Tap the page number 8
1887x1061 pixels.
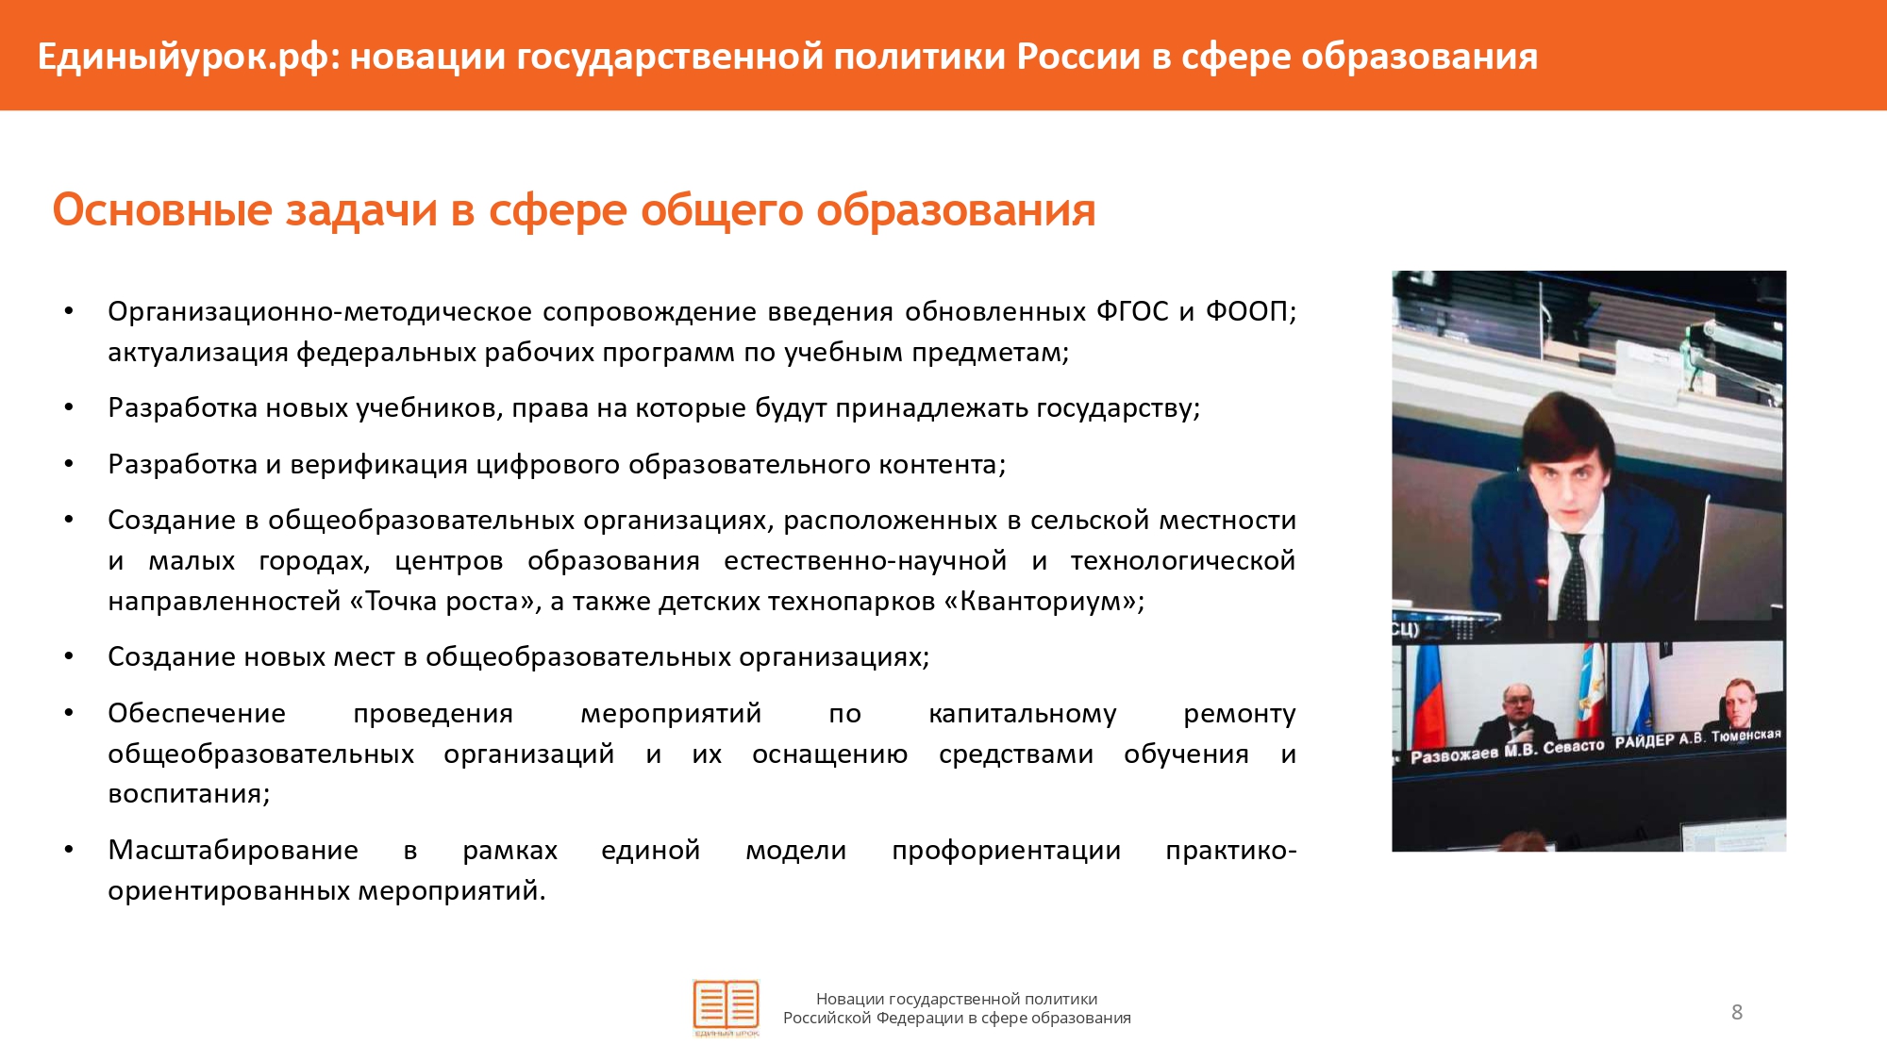coord(1737,1012)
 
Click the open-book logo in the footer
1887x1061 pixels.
coord(726,1007)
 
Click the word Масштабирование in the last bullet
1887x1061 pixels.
coord(233,851)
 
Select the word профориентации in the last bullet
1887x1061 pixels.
coord(1006,851)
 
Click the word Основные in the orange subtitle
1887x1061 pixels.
coord(162,209)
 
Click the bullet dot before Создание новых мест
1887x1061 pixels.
coord(69,656)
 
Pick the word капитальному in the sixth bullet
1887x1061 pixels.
coord(1022,714)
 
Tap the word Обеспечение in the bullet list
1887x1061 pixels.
coord(196,713)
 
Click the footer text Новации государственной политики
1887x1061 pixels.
coord(957,999)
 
